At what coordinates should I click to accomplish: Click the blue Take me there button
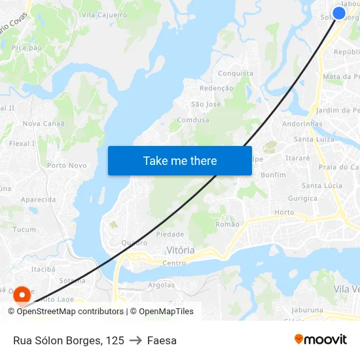(x=180, y=160)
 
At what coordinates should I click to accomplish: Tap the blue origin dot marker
(x=339, y=13)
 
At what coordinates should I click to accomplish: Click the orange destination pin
(x=22, y=295)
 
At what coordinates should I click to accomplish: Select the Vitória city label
(x=181, y=250)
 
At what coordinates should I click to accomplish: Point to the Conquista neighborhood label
(x=235, y=73)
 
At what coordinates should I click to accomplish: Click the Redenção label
(x=216, y=88)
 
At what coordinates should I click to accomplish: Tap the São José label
(x=206, y=104)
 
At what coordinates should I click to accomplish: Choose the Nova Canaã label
(x=44, y=123)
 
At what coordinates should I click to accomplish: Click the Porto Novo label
(x=67, y=166)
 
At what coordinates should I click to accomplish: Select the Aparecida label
(x=38, y=200)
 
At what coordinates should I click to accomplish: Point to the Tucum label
(x=24, y=229)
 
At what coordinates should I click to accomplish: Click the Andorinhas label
(x=302, y=124)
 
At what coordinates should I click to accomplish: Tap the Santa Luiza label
(x=314, y=139)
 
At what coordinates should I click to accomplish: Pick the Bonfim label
(x=273, y=175)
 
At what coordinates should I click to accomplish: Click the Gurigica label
(x=302, y=198)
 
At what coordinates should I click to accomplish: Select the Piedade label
(x=170, y=234)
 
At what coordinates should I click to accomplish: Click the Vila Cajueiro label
(x=104, y=14)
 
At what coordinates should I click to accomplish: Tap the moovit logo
(x=321, y=339)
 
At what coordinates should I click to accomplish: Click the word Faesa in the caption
(x=162, y=340)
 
